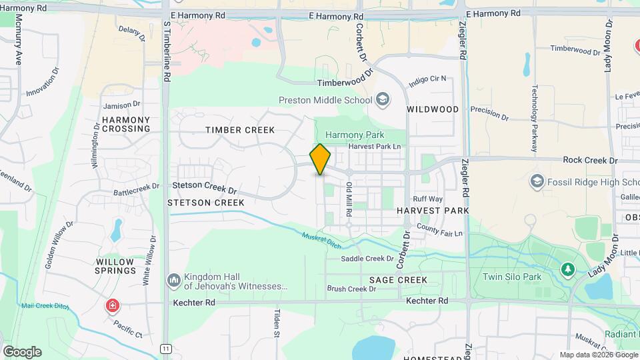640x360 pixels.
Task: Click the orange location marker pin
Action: (321, 159)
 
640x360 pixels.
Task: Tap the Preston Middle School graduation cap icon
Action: (383, 100)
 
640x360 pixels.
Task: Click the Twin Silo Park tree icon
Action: (567, 269)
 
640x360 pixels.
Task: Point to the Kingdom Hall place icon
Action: (174, 280)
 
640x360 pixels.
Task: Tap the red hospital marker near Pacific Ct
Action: (113, 306)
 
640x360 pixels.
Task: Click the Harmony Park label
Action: (355, 135)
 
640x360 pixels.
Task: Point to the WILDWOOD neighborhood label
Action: (433, 109)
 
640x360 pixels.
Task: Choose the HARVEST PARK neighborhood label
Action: (433, 210)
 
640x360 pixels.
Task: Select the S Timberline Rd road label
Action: (167, 50)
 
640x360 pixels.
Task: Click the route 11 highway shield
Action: (166, 348)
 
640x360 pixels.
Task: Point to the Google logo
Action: (22, 351)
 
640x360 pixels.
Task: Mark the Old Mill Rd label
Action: (348, 200)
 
